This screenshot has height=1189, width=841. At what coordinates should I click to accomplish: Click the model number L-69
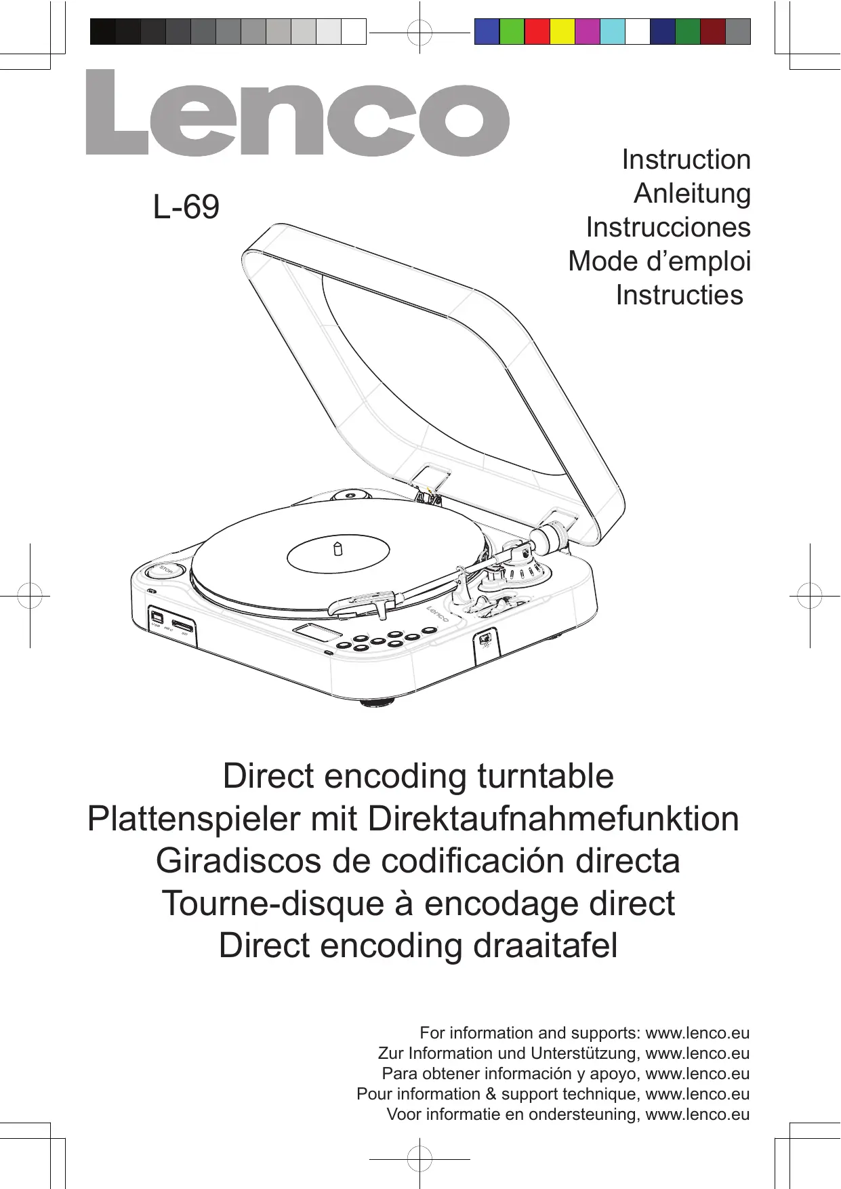pos(186,207)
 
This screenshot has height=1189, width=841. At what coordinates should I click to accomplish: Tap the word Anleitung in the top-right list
pos(692,194)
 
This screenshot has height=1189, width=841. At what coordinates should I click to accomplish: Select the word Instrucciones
pos(668,228)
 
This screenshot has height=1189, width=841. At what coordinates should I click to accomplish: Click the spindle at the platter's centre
pos(337,548)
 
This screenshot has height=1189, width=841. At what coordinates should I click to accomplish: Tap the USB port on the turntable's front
pos(157,617)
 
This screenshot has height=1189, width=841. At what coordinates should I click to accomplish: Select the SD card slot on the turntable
pos(182,624)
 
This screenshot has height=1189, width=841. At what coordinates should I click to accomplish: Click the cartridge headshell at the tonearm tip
pos(369,601)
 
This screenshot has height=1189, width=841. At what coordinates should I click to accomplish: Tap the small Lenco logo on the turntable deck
pos(438,613)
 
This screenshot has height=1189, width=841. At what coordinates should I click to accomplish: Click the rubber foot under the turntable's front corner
pos(377,702)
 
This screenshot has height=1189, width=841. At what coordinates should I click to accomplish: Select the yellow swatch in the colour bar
pos(562,32)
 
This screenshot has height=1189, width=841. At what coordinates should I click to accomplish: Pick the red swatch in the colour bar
pos(537,32)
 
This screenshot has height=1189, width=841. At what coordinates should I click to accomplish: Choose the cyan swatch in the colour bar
pos(612,32)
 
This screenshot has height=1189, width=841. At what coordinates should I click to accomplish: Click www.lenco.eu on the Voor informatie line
pos(697,1114)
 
